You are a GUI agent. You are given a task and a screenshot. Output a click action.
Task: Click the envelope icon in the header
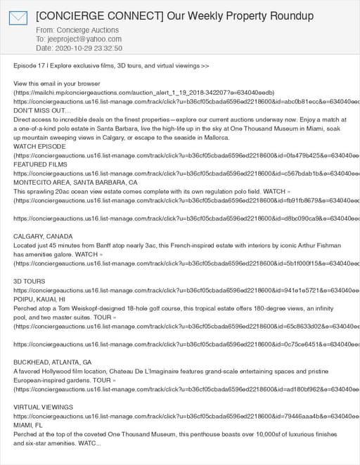[18, 18]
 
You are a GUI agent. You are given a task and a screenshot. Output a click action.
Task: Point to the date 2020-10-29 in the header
[72, 48]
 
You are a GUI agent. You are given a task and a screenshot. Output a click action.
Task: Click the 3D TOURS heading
[30, 281]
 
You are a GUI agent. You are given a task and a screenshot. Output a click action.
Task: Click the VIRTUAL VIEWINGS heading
[43, 407]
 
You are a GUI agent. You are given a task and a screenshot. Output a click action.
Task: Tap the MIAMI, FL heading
[29, 425]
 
